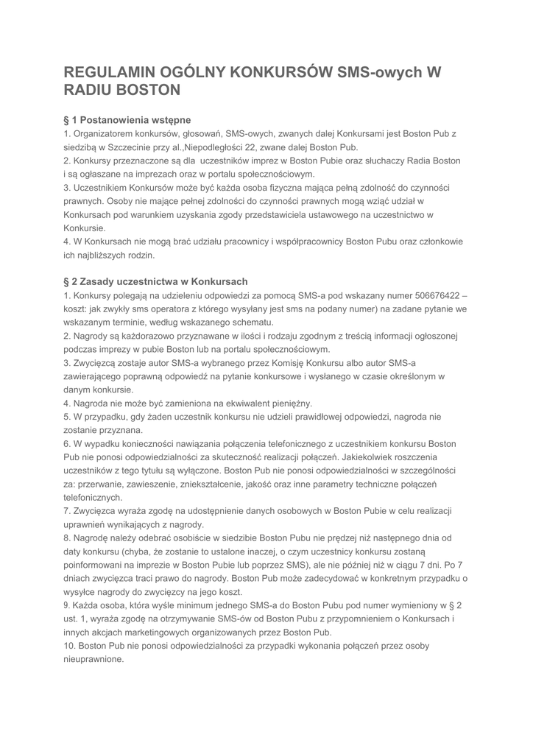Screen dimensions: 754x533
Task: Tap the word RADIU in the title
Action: [92, 91]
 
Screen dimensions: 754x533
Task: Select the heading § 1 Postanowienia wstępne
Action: [127, 119]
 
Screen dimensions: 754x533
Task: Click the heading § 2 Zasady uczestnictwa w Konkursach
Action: [155, 281]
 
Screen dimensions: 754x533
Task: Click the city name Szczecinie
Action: [133, 147]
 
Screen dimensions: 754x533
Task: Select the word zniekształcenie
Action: [239, 484]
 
